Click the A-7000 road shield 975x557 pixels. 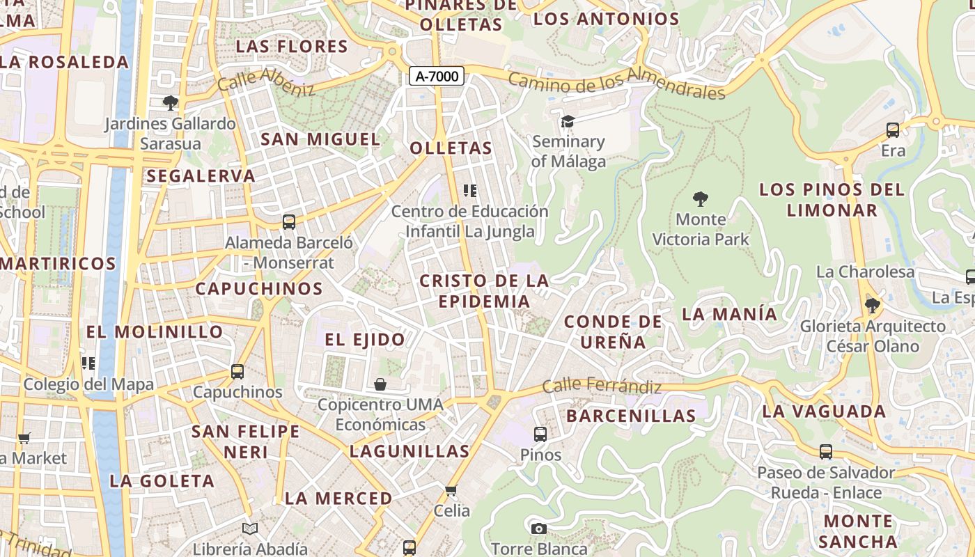point(436,77)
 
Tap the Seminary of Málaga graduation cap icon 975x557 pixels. point(568,122)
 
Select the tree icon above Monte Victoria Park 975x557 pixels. point(701,199)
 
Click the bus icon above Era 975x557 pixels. point(893,130)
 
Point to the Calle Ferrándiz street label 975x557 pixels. point(602,386)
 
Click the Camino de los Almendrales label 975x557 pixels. point(616,83)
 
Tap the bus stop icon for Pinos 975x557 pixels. point(540,434)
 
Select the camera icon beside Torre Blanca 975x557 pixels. point(538,529)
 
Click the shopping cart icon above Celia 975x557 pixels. point(451,491)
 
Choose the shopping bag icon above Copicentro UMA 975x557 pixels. point(380,384)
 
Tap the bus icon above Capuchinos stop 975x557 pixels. point(237,372)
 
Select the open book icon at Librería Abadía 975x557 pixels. point(250,529)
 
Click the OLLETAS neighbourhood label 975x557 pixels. point(451,148)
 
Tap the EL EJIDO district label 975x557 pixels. point(365,340)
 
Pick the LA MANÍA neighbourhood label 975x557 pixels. point(729,314)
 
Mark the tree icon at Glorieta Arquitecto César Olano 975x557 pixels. point(872,305)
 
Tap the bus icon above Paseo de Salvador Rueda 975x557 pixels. point(826,452)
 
